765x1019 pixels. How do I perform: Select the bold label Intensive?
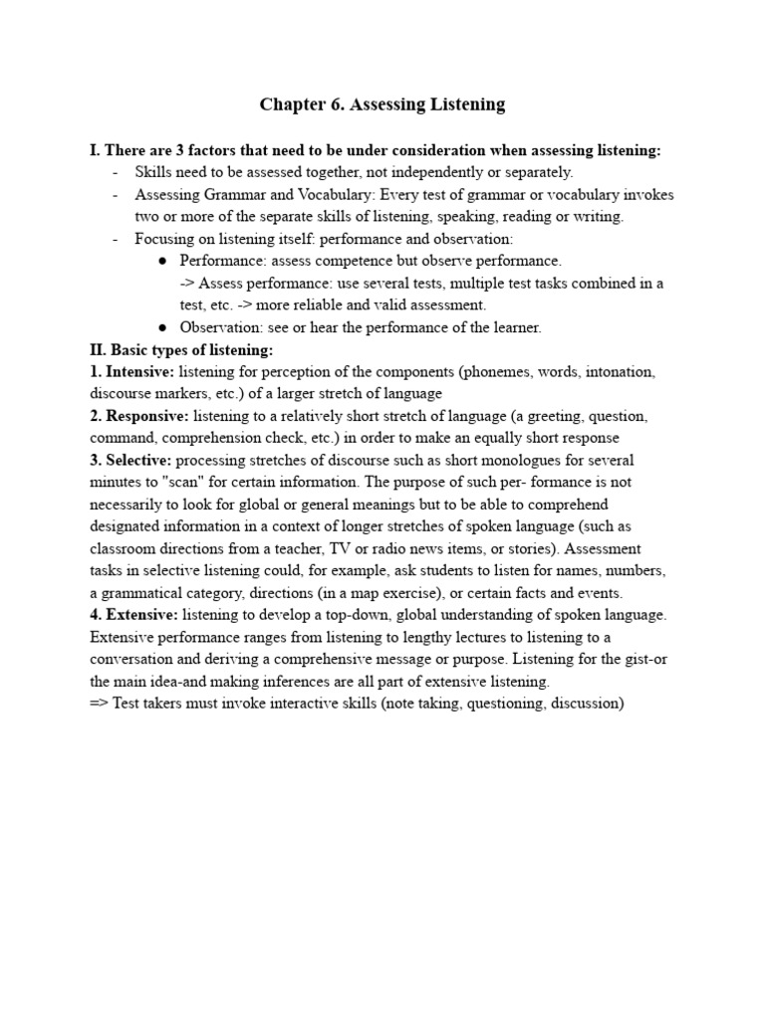click(138, 372)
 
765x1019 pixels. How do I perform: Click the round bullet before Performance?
click(162, 262)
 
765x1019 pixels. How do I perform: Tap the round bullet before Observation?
click(162, 327)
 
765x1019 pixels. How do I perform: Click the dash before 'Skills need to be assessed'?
click(116, 173)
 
